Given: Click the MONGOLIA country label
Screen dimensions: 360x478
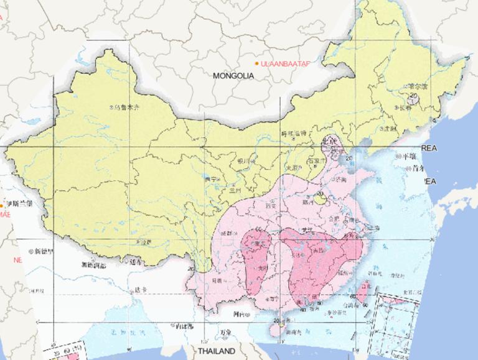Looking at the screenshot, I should pyautogui.click(x=234, y=76).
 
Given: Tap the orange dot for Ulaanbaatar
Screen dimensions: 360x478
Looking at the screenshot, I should pyautogui.click(x=256, y=63).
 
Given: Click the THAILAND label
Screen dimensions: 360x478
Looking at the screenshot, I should pyautogui.click(x=217, y=351).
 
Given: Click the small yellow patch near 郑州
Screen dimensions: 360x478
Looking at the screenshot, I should pyautogui.click(x=321, y=199).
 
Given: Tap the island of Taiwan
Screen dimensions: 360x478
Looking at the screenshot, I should pyautogui.click(x=365, y=290).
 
